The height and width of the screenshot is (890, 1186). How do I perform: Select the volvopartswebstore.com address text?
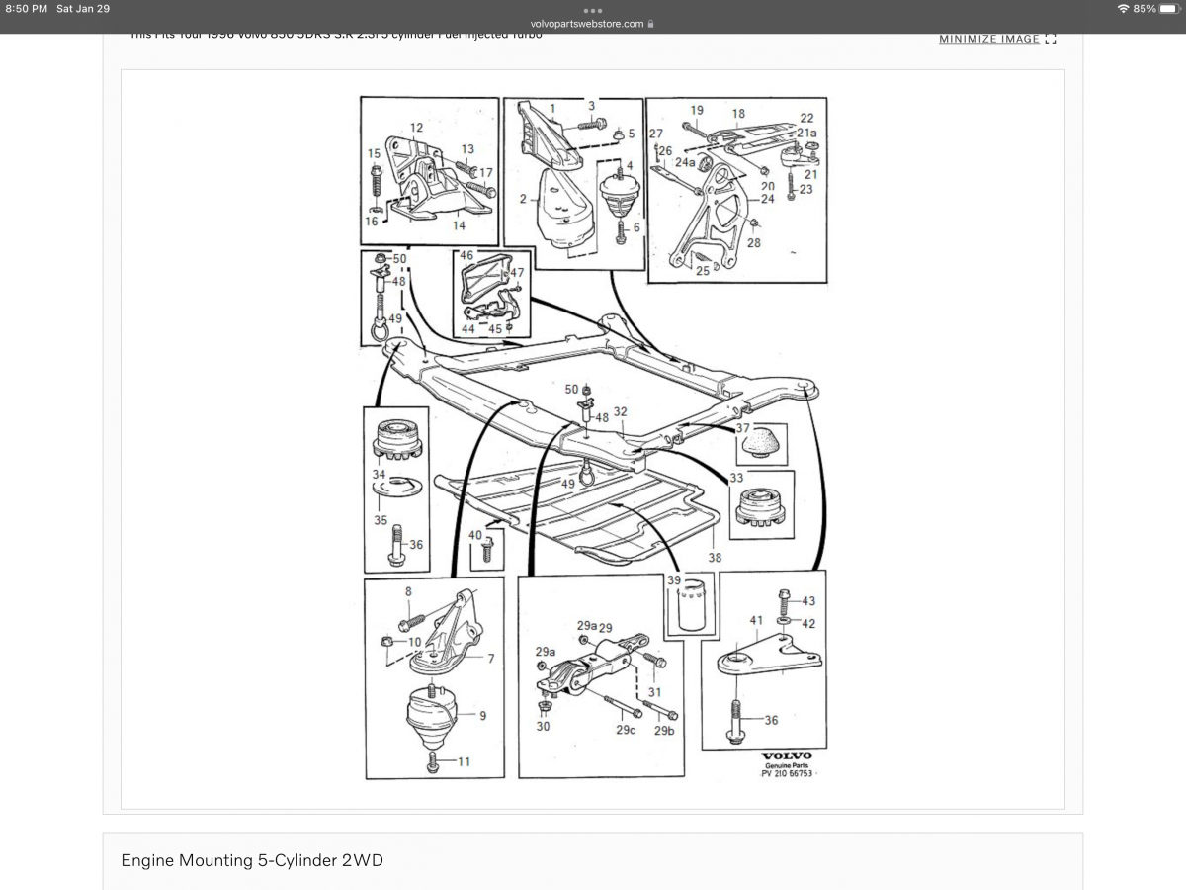[x=593, y=24]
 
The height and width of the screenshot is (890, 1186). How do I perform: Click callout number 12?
[x=416, y=128]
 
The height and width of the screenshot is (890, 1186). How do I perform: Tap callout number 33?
[x=736, y=479]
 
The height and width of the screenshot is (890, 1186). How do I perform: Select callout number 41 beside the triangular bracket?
[x=756, y=621]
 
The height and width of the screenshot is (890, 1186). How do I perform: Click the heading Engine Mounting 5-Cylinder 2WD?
[x=252, y=860]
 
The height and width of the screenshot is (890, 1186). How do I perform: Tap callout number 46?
[x=466, y=255]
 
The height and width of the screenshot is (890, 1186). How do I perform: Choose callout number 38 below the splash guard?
[x=715, y=558]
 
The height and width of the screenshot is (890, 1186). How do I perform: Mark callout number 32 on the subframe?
[x=620, y=411]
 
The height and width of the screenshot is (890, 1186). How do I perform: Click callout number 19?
[x=697, y=110]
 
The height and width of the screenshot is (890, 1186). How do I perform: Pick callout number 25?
[x=702, y=270]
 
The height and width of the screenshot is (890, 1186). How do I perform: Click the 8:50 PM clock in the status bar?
[x=26, y=9]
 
